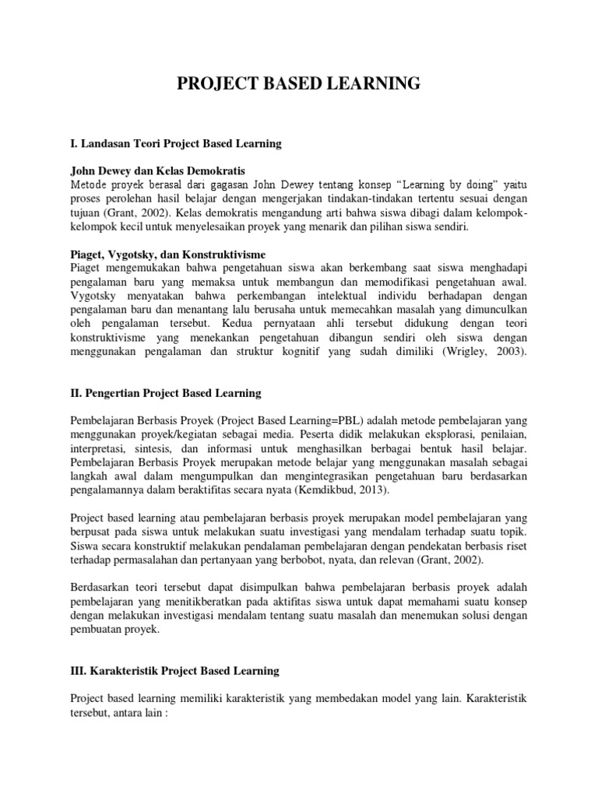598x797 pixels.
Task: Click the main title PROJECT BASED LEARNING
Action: click(x=299, y=84)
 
